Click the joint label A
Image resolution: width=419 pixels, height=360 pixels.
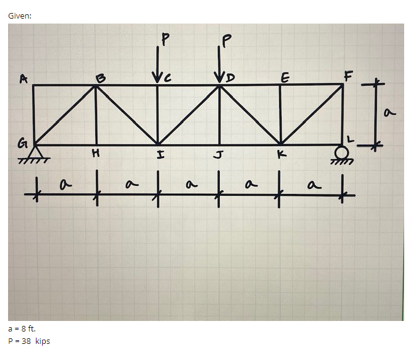[24, 79]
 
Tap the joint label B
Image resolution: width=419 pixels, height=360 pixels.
[100, 78]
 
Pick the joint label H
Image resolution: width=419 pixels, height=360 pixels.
[95, 153]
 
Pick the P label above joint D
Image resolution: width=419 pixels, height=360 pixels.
[226, 40]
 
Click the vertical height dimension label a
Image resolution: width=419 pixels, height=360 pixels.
[389, 113]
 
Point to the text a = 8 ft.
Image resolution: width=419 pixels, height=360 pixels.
[22, 329]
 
